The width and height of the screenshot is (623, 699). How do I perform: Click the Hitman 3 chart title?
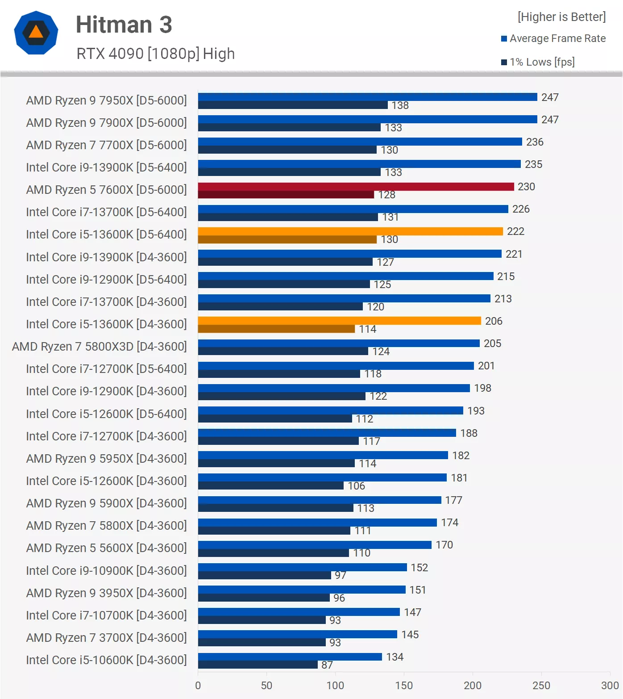(x=124, y=25)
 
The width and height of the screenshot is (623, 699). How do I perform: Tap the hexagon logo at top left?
(x=36, y=33)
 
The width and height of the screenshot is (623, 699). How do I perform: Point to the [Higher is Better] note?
(x=561, y=17)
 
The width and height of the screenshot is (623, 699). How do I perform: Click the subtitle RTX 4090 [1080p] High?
(x=155, y=54)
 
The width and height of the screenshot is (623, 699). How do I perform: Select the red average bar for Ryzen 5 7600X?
(x=356, y=187)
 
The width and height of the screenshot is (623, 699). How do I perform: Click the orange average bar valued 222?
(x=350, y=231)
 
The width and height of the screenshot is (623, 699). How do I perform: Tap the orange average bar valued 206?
(x=339, y=321)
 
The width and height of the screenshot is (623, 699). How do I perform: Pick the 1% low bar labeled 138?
(x=293, y=105)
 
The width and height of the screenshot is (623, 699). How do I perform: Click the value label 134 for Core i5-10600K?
(x=395, y=657)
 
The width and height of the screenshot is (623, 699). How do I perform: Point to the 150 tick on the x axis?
(x=404, y=686)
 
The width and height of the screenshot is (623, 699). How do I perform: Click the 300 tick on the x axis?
(x=610, y=686)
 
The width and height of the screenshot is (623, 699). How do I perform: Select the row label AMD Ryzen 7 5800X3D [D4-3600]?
(x=99, y=347)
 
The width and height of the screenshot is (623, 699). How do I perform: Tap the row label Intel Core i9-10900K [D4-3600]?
(x=106, y=571)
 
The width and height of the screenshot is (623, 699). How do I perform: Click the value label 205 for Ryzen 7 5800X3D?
(x=492, y=343)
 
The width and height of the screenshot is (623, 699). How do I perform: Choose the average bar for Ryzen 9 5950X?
(x=323, y=455)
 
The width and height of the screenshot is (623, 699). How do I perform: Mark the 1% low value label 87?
(x=327, y=665)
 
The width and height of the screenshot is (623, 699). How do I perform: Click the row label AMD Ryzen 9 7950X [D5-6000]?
(x=106, y=100)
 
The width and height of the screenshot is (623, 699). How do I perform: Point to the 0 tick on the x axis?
(x=198, y=686)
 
